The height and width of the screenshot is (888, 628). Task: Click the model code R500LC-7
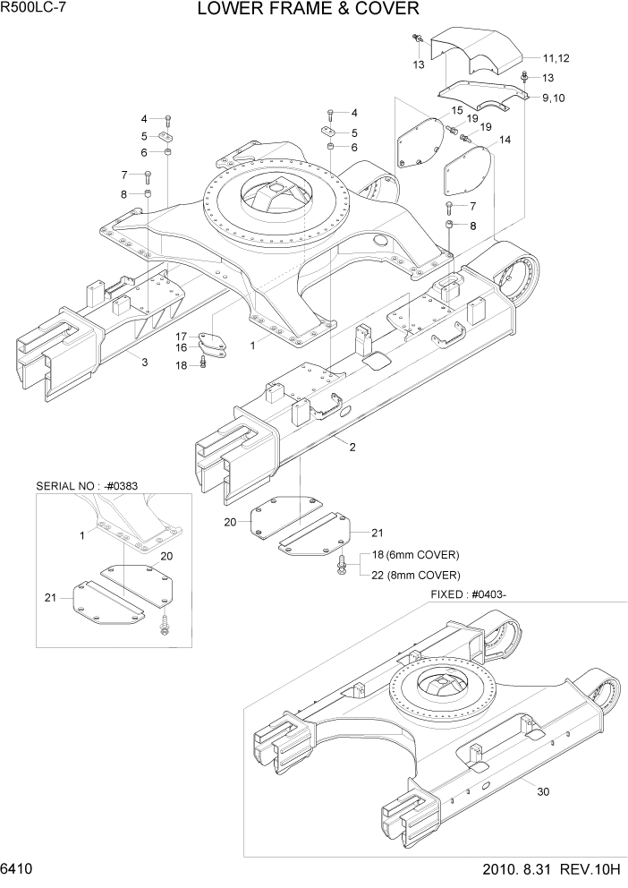(36, 9)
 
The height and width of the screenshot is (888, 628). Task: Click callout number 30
(543, 790)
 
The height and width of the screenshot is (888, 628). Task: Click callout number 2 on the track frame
(352, 447)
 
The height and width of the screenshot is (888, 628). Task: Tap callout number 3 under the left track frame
(143, 362)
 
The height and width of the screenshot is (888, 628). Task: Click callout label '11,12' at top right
(556, 58)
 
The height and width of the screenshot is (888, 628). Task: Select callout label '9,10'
(553, 97)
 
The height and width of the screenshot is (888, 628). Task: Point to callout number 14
(505, 140)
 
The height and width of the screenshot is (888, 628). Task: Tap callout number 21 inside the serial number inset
(50, 596)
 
